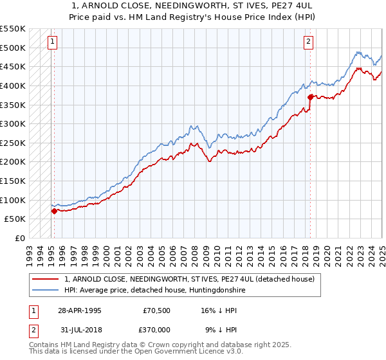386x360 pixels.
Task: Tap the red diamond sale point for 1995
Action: coord(54,211)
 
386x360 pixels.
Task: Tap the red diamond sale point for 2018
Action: coord(310,97)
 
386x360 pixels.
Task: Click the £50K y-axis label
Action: coord(15,219)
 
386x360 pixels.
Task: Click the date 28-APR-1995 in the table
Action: coord(80,310)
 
